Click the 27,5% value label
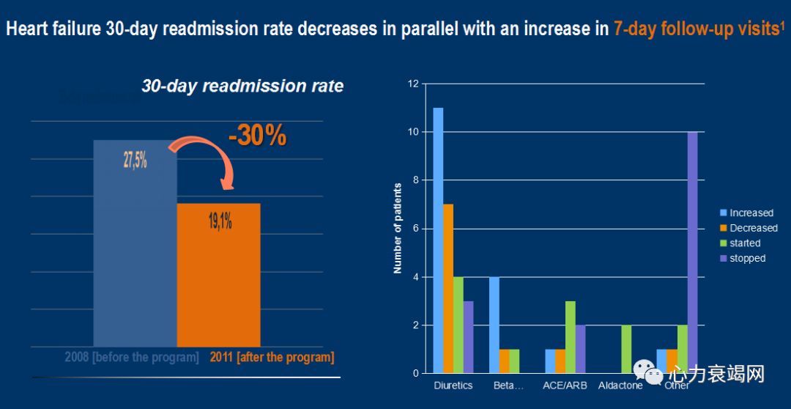(x=135, y=161)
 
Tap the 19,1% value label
(x=220, y=221)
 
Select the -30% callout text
(x=256, y=136)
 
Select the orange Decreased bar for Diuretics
(x=448, y=289)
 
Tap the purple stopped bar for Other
(x=692, y=253)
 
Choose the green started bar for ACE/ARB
(x=569, y=337)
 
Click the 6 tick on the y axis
(x=415, y=229)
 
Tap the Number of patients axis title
(x=398, y=228)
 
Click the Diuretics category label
(x=453, y=386)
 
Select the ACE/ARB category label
(x=564, y=386)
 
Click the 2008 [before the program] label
(x=132, y=358)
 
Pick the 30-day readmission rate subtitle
(x=242, y=86)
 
